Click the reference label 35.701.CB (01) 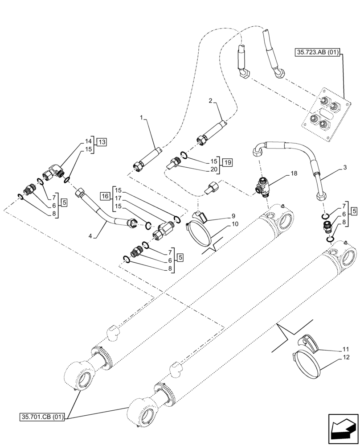click(x=42, y=417)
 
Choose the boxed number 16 click(x=105, y=195)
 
